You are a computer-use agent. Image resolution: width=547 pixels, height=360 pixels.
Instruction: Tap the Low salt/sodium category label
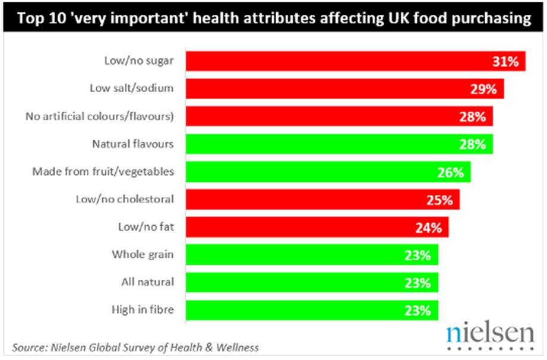[131, 89]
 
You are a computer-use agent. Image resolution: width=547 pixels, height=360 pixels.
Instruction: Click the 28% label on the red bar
[473, 116]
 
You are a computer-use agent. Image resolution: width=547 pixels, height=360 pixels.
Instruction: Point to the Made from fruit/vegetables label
[103, 172]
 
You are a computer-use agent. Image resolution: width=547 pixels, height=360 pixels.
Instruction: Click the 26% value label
[451, 172]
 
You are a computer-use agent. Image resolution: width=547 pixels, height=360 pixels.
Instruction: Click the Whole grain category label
[143, 254]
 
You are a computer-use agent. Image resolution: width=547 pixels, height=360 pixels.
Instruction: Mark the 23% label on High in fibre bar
[418, 310]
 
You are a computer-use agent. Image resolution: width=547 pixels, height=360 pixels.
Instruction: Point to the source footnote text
[136, 346]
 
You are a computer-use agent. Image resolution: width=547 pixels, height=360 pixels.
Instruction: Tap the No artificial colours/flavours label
[100, 116]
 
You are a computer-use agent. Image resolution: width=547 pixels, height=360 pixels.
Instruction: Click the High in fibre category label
[142, 310]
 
